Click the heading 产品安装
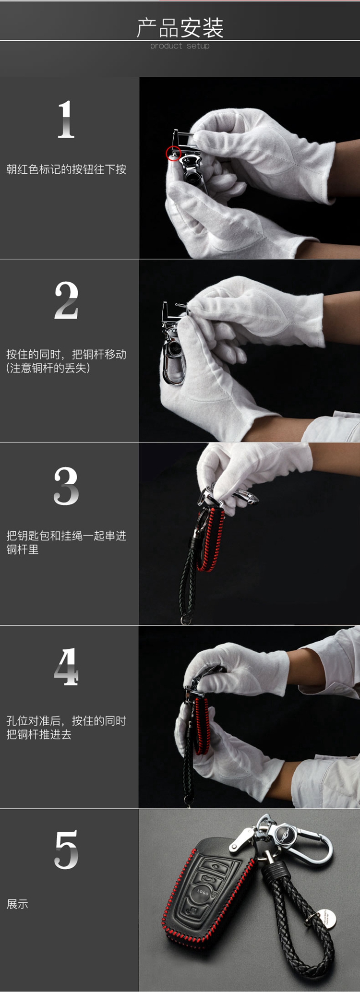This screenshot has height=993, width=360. [x=180, y=28]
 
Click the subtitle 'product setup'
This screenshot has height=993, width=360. [x=180, y=46]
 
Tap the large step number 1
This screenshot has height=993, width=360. [x=66, y=120]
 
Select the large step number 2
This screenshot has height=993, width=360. [x=66, y=300]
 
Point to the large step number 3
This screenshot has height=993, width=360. [x=66, y=486]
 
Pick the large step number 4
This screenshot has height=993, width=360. [x=66, y=667]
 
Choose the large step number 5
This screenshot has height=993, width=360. [x=66, y=849]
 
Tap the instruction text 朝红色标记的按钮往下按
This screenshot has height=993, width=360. [x=66, y=169]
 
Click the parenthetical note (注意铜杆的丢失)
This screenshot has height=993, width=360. [x=48, y=368]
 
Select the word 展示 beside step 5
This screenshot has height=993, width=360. [x=17, y=904]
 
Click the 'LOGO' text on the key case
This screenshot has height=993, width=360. [x=203, y=893]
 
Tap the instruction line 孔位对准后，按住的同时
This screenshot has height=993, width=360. [x=66, y=721]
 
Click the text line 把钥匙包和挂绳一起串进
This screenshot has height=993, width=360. [x=66, y=536]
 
